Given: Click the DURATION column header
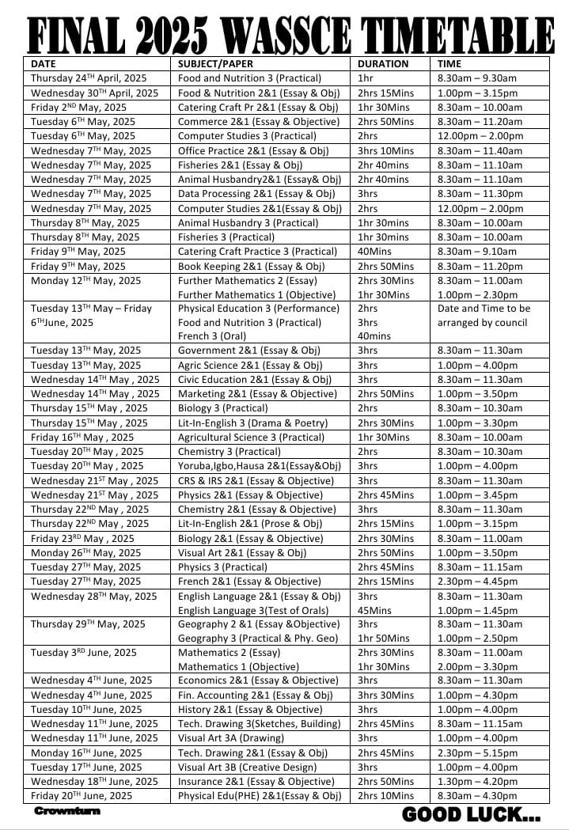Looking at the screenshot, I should pyautogui.click(x=383, y=63).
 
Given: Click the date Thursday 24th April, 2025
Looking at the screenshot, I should pyautogui.click(x=89, y=78).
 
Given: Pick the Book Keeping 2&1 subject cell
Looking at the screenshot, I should pyautogui.click(x=251, y=266).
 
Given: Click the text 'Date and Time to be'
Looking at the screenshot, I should pyautogui.click(x=484, y=309).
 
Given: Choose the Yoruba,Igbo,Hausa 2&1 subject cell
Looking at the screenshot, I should pyautogui.click(x=259, y=466).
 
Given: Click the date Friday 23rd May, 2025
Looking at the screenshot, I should pyautogui.click(x=82, y=538).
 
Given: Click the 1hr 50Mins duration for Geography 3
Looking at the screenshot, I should pyautogui.click(x=384, y=639).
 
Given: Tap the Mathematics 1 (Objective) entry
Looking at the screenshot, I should pyautogui.click(x=235, y=667).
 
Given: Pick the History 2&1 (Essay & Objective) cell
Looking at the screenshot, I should pyautogui.click(x=249, y=710).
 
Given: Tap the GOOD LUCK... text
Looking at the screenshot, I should pyautogui.click(x=472, y=814).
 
